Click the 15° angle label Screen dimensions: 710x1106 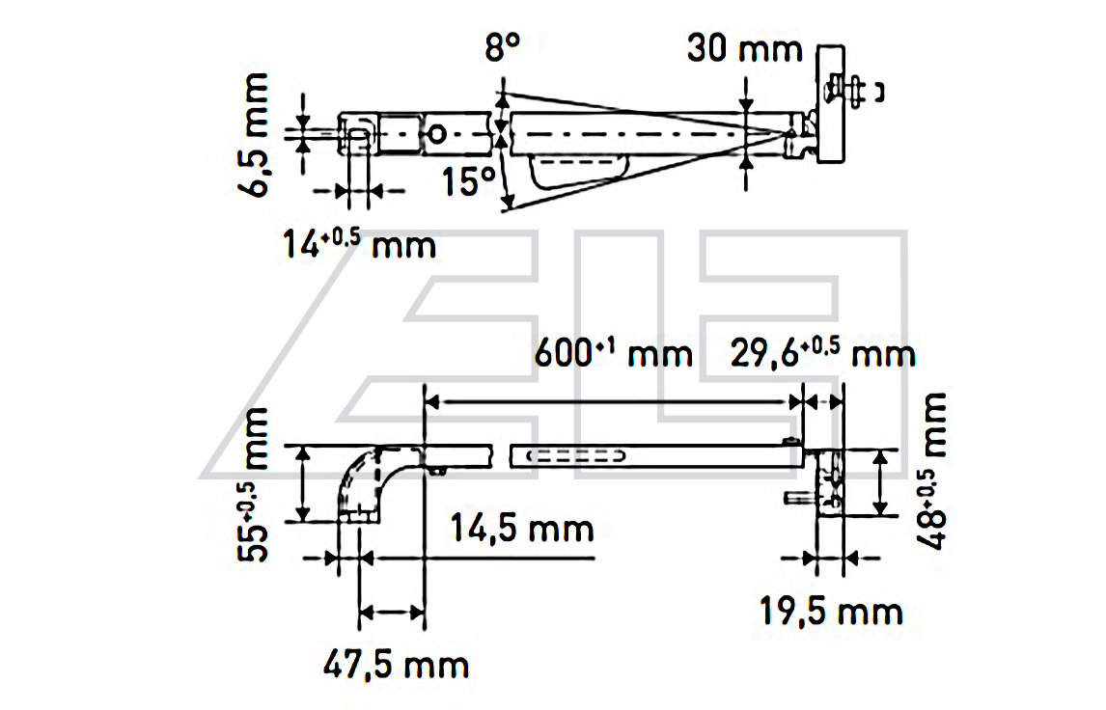[x=469, y=181]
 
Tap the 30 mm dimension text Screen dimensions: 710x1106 [x=744, y=48]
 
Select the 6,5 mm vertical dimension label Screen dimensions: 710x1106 [x=257, y=137]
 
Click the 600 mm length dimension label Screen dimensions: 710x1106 [x=614, y=354]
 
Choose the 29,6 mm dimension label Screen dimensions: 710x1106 [x=821, y=354]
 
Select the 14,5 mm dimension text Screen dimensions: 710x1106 [x=521, y=529]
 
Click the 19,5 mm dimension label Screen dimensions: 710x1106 [x=830, y=611]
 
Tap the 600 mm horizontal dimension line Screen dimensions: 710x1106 [x=614, y=398]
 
